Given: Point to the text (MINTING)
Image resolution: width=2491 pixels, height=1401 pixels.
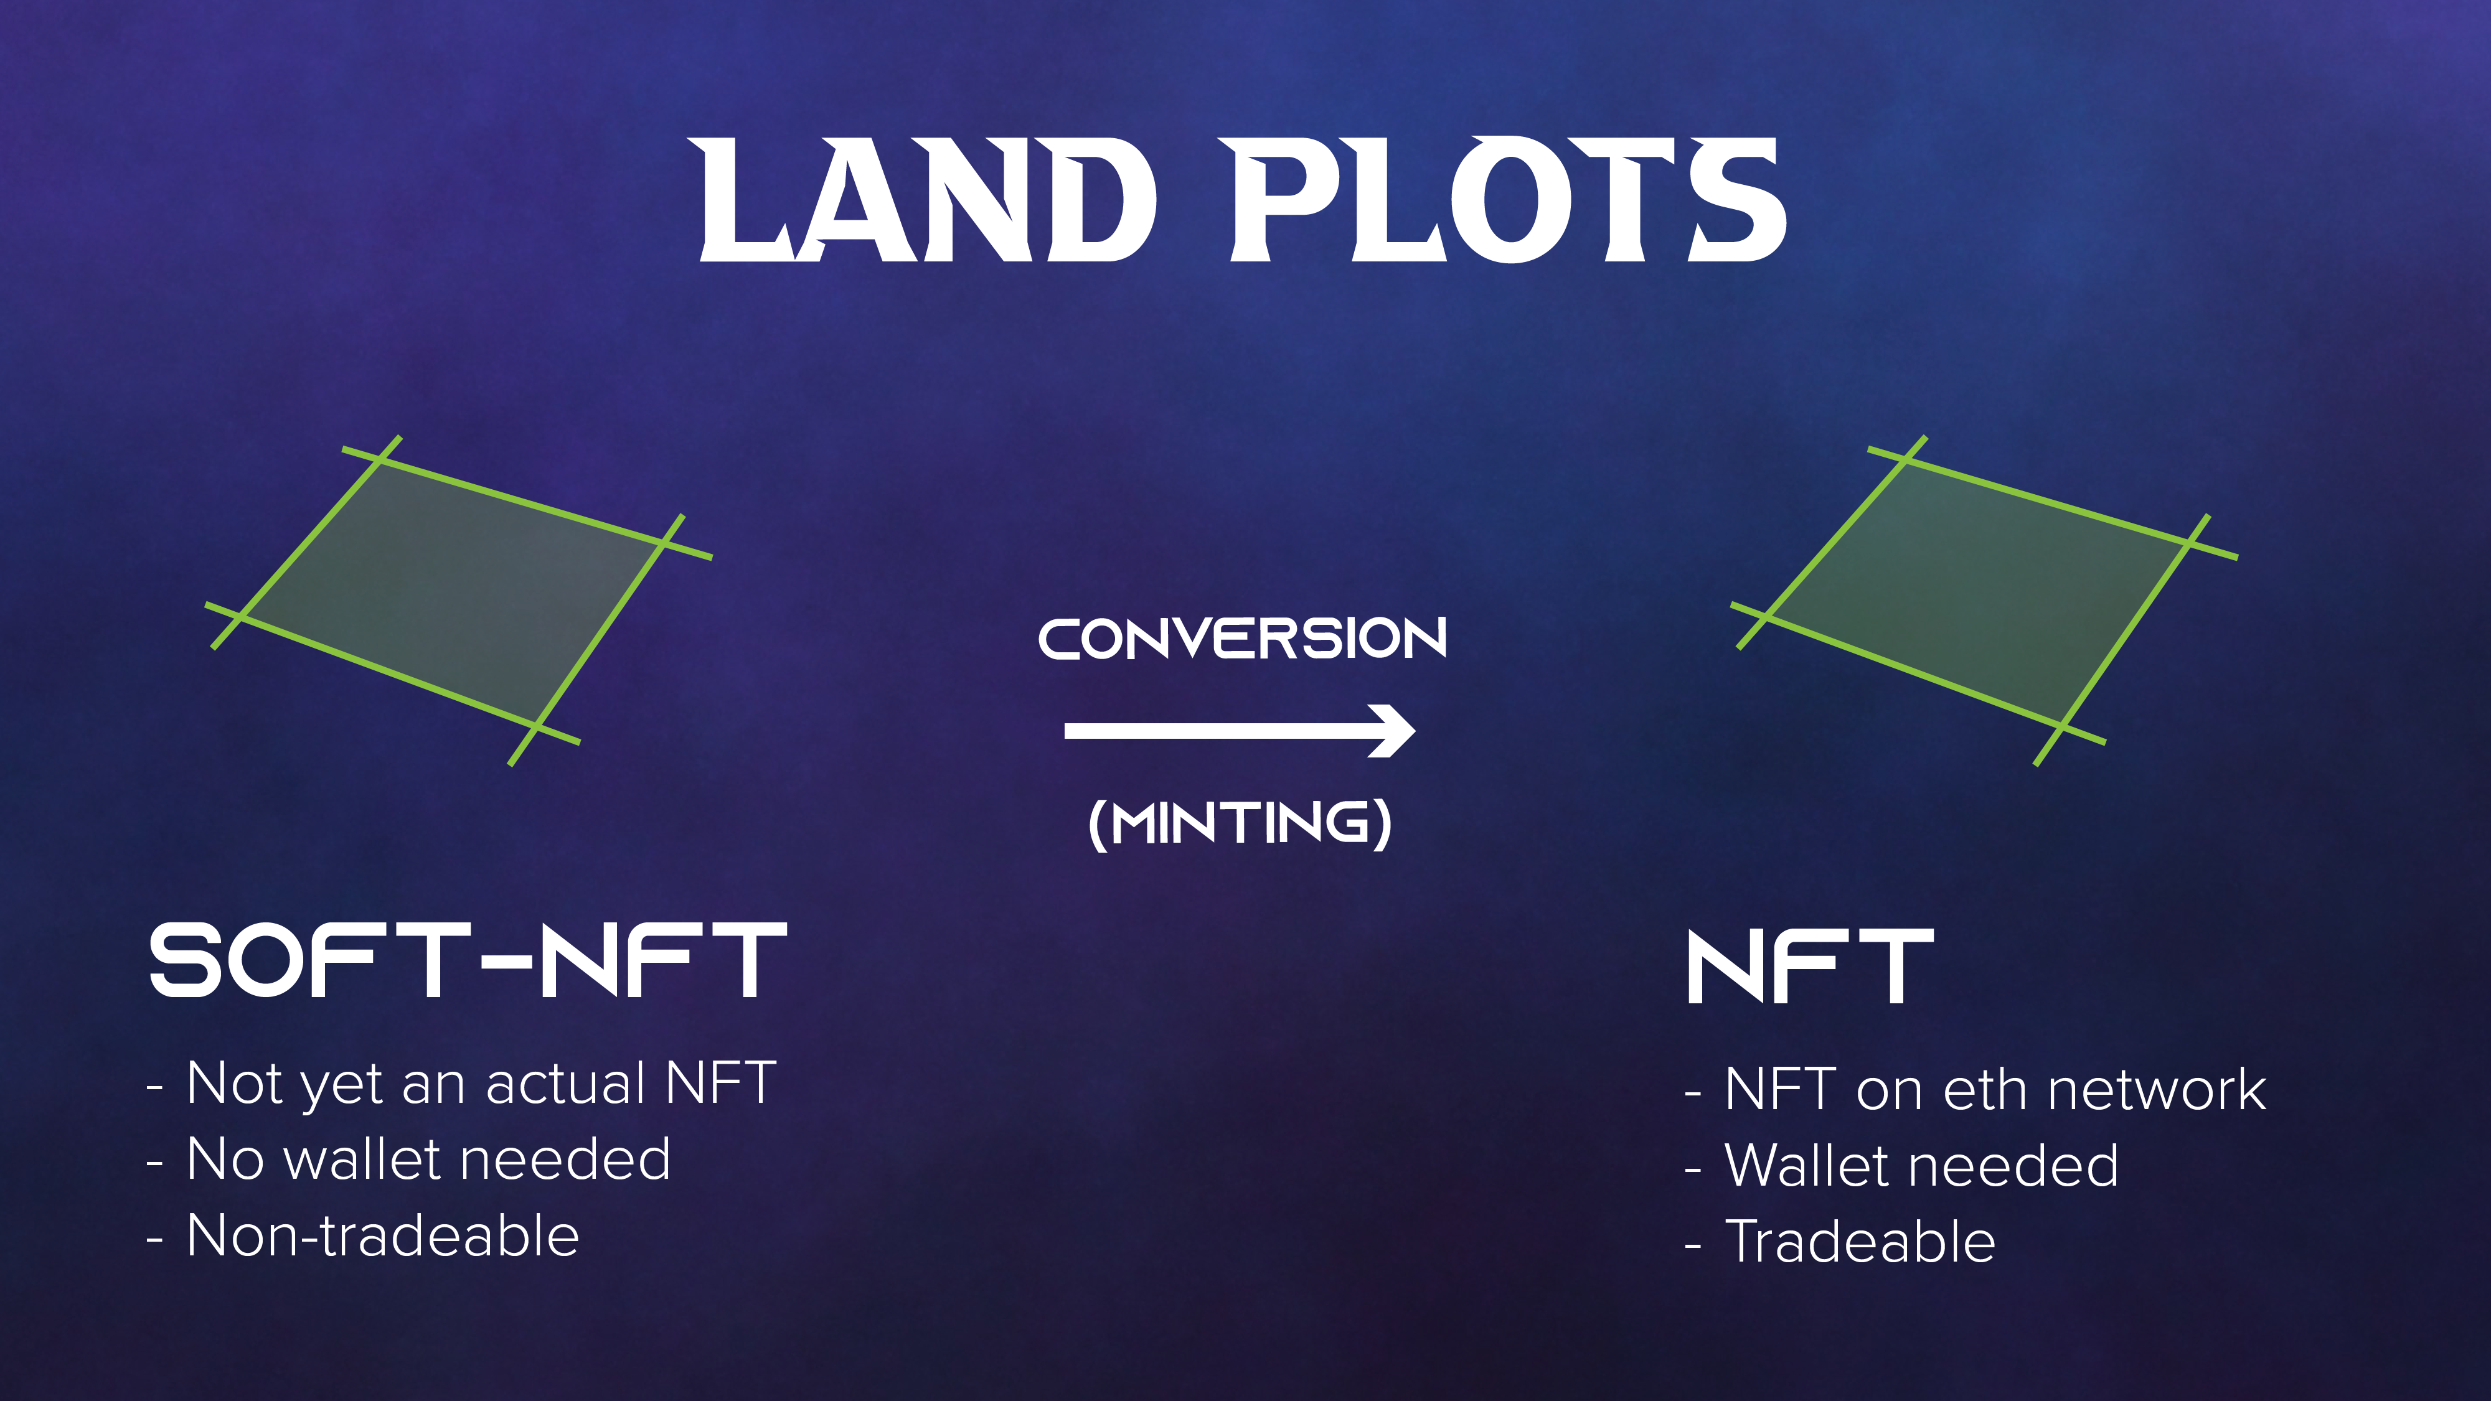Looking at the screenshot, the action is click(x=1241, y=824).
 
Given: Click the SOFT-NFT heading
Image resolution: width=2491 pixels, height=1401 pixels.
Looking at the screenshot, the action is click(x=468, y=960).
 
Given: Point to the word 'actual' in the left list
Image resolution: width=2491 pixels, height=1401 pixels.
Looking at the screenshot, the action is click(x=566, y=1083).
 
